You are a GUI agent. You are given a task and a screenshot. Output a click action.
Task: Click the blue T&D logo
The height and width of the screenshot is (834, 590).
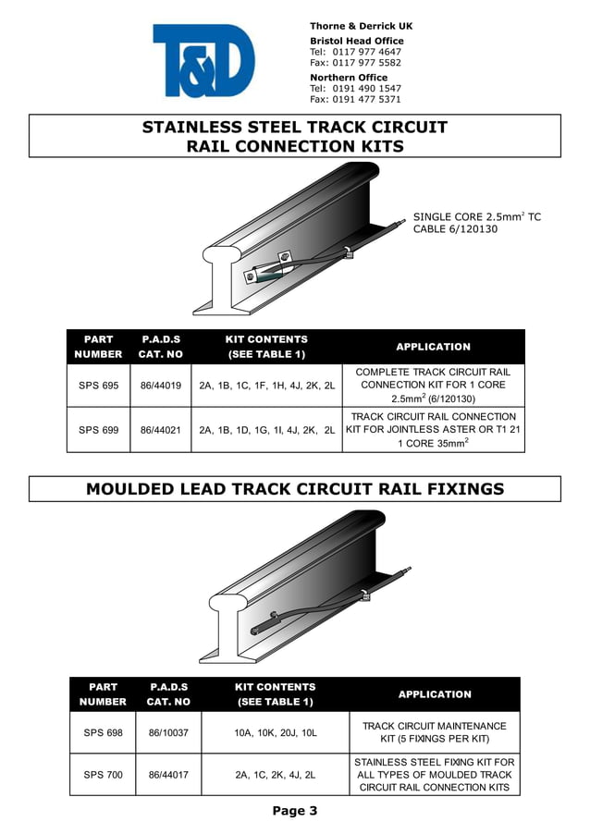(203, 61)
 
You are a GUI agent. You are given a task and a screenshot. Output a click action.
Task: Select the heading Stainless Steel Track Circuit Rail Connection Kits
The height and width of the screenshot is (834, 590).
(295, 137)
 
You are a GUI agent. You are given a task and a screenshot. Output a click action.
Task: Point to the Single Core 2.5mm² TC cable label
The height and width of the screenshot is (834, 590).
(476, 223)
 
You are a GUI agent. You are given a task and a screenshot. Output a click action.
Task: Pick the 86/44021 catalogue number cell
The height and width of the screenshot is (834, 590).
(161, 430)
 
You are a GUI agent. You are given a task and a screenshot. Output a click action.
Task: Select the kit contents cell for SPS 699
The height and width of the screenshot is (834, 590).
(266, 430)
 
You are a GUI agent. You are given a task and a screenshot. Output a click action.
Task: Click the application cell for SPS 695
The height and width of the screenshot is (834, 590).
(433, 386)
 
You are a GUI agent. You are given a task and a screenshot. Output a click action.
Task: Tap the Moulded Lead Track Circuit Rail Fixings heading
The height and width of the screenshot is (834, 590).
(295, 489)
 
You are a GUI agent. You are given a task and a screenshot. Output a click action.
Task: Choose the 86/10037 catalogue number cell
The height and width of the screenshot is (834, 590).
(168, 732)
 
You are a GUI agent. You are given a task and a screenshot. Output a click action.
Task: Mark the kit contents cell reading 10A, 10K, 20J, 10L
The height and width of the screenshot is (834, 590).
(276, 732)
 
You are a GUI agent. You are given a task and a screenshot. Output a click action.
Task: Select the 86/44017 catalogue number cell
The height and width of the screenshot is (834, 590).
(168, 775)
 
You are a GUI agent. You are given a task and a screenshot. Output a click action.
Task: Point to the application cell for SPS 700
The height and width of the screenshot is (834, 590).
(435, 775)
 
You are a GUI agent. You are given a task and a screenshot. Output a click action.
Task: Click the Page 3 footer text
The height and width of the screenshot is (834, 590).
(295, 812)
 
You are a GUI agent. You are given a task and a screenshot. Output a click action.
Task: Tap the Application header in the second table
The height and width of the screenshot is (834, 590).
(435, 694)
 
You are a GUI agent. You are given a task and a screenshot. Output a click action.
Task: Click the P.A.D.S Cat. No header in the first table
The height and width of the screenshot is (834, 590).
(161, 347)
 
